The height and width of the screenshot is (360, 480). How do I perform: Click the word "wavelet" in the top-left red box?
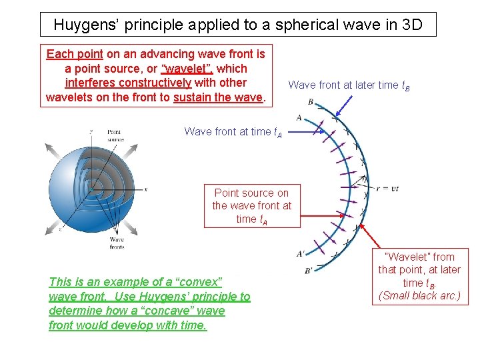point(187,69)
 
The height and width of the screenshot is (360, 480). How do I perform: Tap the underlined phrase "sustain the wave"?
point(218,97)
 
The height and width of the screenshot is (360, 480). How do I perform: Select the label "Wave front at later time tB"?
point(349,85)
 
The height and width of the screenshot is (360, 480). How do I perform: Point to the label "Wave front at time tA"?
point(233,132)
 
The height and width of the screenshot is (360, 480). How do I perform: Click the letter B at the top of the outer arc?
point(311,102)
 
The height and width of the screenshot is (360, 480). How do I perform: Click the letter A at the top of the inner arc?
point(299,118)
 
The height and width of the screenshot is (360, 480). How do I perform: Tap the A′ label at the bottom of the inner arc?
point(301,253)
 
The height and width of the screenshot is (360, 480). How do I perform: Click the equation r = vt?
point(387,189)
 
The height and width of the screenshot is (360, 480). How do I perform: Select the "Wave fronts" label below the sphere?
point(117,243)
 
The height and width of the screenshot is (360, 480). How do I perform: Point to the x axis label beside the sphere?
point(145,189)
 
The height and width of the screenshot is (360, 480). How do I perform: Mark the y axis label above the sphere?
point(91,131)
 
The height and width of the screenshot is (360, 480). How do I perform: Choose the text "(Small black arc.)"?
point(419,295)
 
